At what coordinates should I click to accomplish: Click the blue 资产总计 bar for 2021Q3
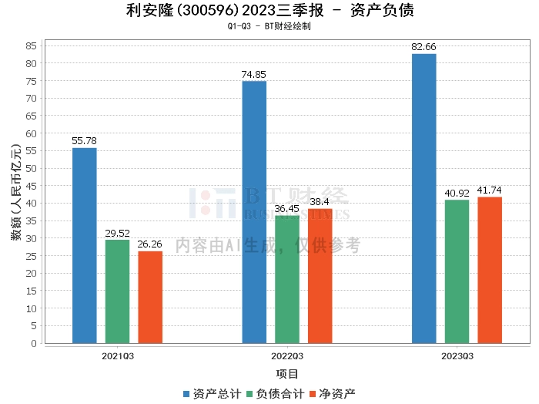[x=85, y=245]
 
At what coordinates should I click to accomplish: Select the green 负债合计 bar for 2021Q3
[x=118, y=291]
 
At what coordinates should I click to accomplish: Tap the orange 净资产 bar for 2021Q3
[x=151, y=297]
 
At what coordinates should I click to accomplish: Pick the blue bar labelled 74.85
[x=254, y=212]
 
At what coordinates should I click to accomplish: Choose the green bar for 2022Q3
[x=287, y=279]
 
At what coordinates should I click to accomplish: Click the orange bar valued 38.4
[x=320, y=276]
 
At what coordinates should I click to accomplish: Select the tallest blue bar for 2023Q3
[x=423, y=198]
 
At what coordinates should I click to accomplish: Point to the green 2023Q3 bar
[x=457, y=271]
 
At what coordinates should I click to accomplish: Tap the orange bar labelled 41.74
[x=490, y=270]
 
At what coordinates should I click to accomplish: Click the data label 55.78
[x=85, y=141]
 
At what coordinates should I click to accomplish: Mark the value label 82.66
[x=423, y=47]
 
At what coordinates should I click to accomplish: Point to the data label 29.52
[x=118, y=233]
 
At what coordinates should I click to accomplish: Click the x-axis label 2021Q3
[x=118, y=356]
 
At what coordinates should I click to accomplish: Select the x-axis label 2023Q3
[x=457, y=356]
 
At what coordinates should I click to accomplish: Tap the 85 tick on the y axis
[x=32, y=45]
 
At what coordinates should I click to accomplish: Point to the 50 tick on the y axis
[x=32, y=168]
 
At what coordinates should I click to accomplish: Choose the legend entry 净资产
[x=332, y=394]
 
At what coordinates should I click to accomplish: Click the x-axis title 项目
[x=287, y=374]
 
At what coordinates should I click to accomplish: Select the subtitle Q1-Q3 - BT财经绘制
[x=269, y=26]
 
